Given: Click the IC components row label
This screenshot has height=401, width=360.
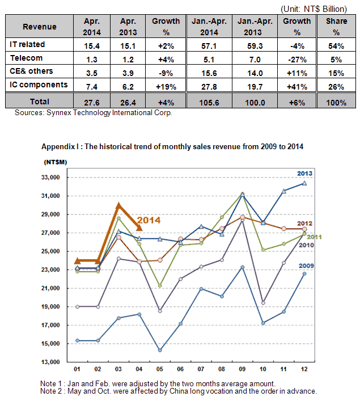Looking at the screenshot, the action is point(39,85).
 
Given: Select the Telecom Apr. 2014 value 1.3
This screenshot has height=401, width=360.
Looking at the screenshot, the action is point(91,60).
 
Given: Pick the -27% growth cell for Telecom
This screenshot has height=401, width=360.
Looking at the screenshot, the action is point(297,60).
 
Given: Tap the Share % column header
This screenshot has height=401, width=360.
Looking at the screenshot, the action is point(336,27).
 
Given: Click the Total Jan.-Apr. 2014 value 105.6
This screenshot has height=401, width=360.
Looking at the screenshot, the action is point(209,103).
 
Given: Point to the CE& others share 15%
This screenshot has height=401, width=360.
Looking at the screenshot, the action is point(336,73).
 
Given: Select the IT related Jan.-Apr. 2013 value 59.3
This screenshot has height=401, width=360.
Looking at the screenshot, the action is point(255,46).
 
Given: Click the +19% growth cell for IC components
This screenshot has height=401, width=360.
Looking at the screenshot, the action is point(166,87).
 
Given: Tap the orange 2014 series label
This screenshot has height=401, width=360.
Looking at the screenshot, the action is point(149,220).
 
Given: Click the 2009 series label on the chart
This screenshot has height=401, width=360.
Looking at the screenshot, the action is point(306,265).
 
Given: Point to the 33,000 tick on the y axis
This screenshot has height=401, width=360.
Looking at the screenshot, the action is point(50,177).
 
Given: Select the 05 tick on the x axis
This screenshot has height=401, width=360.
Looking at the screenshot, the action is point(159,369).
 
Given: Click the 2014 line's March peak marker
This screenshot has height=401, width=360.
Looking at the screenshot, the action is point(118,205).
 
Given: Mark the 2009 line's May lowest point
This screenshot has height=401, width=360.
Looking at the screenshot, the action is point(160,350).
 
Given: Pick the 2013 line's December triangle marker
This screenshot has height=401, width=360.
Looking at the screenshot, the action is point(304,183).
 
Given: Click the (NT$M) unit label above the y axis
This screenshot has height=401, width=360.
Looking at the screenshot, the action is point(55,162).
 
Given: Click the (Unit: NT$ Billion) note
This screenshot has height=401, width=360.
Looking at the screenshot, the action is point(314,9).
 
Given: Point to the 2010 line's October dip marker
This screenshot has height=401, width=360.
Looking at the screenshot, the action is point(263,303).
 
